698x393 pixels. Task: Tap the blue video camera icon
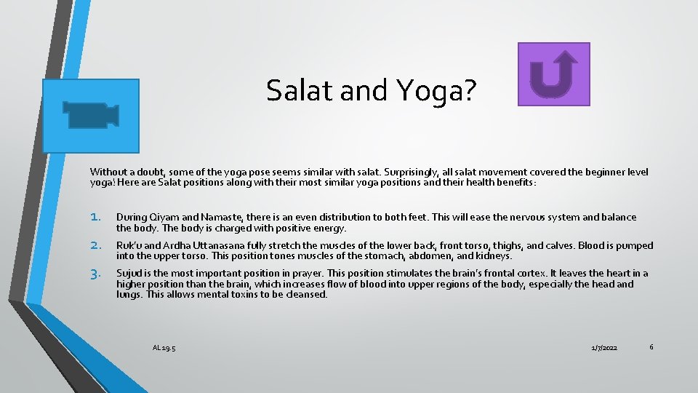click(x=91, y=115)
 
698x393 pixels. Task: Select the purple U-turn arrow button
click(x=553, y=74)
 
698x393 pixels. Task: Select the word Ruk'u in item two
click(x=129, y=246)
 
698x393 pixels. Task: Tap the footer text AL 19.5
click(x=164, y=348)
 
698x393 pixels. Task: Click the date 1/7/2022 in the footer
click(x=604, y=349)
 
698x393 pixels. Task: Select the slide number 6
click(x=651, y=347)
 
